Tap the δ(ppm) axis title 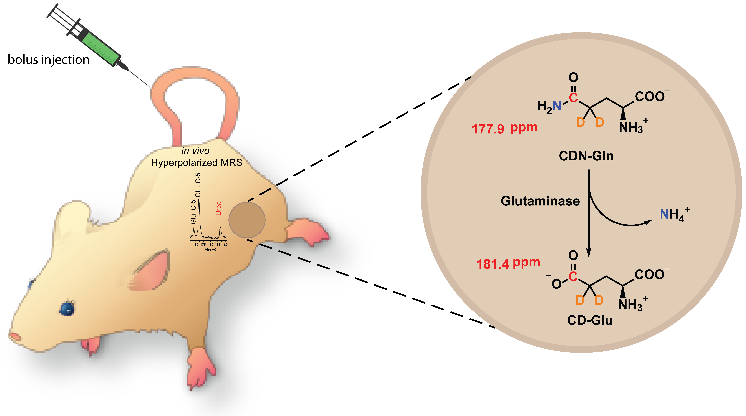(211, 249)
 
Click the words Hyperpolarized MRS (197, 163)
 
